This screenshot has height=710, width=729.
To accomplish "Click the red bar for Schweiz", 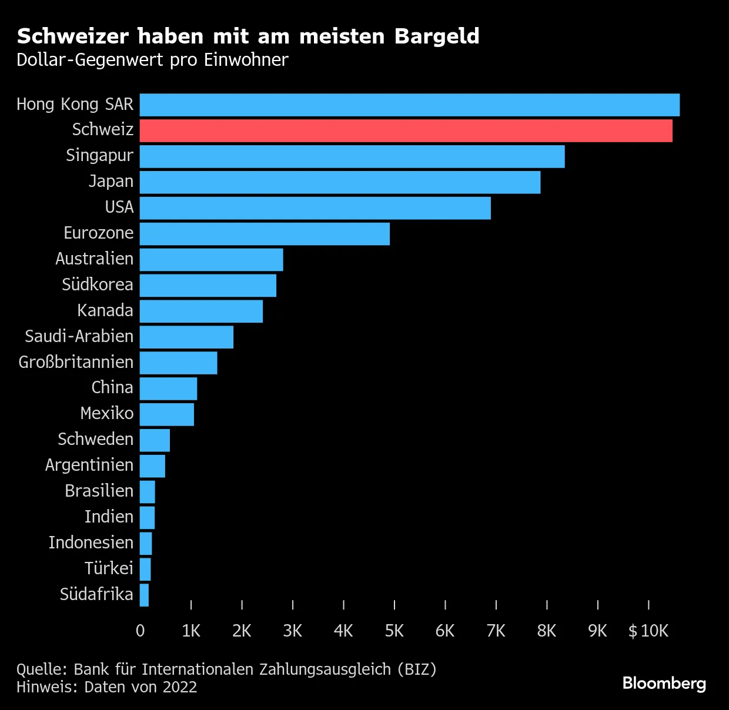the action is pos(406,130).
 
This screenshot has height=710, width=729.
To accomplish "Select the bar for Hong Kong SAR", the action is pos(410,105).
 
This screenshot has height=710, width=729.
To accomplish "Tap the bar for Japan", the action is pos(340,182).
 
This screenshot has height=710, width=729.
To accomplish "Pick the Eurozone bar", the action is pos(265,234).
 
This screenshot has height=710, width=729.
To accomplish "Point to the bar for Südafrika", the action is pos(144,595).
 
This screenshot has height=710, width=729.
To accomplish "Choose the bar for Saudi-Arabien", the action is pos(186,337).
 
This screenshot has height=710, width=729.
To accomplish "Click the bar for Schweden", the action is pos(155,440).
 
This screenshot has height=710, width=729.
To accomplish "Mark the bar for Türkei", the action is pos(145,569).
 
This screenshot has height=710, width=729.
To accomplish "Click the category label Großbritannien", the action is pos(76,363).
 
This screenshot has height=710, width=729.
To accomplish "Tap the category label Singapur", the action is pos(99,156).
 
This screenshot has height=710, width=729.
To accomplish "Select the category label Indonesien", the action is pos(91,542).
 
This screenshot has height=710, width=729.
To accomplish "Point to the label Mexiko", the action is pos(107,413).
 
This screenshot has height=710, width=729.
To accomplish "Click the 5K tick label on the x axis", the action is pos(394,631).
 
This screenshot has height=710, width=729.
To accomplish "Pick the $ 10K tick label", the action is pos(648,631).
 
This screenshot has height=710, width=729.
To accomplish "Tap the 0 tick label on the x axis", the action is pos(140,631).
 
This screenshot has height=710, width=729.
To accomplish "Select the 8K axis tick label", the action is pos(547,631).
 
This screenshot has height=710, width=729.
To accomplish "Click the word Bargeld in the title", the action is pos(437,37).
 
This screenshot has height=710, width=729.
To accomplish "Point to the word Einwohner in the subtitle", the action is pos(246,60).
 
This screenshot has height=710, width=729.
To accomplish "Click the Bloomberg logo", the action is pos(664,684).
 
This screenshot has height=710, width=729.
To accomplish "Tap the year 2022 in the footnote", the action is pos(180,687).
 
